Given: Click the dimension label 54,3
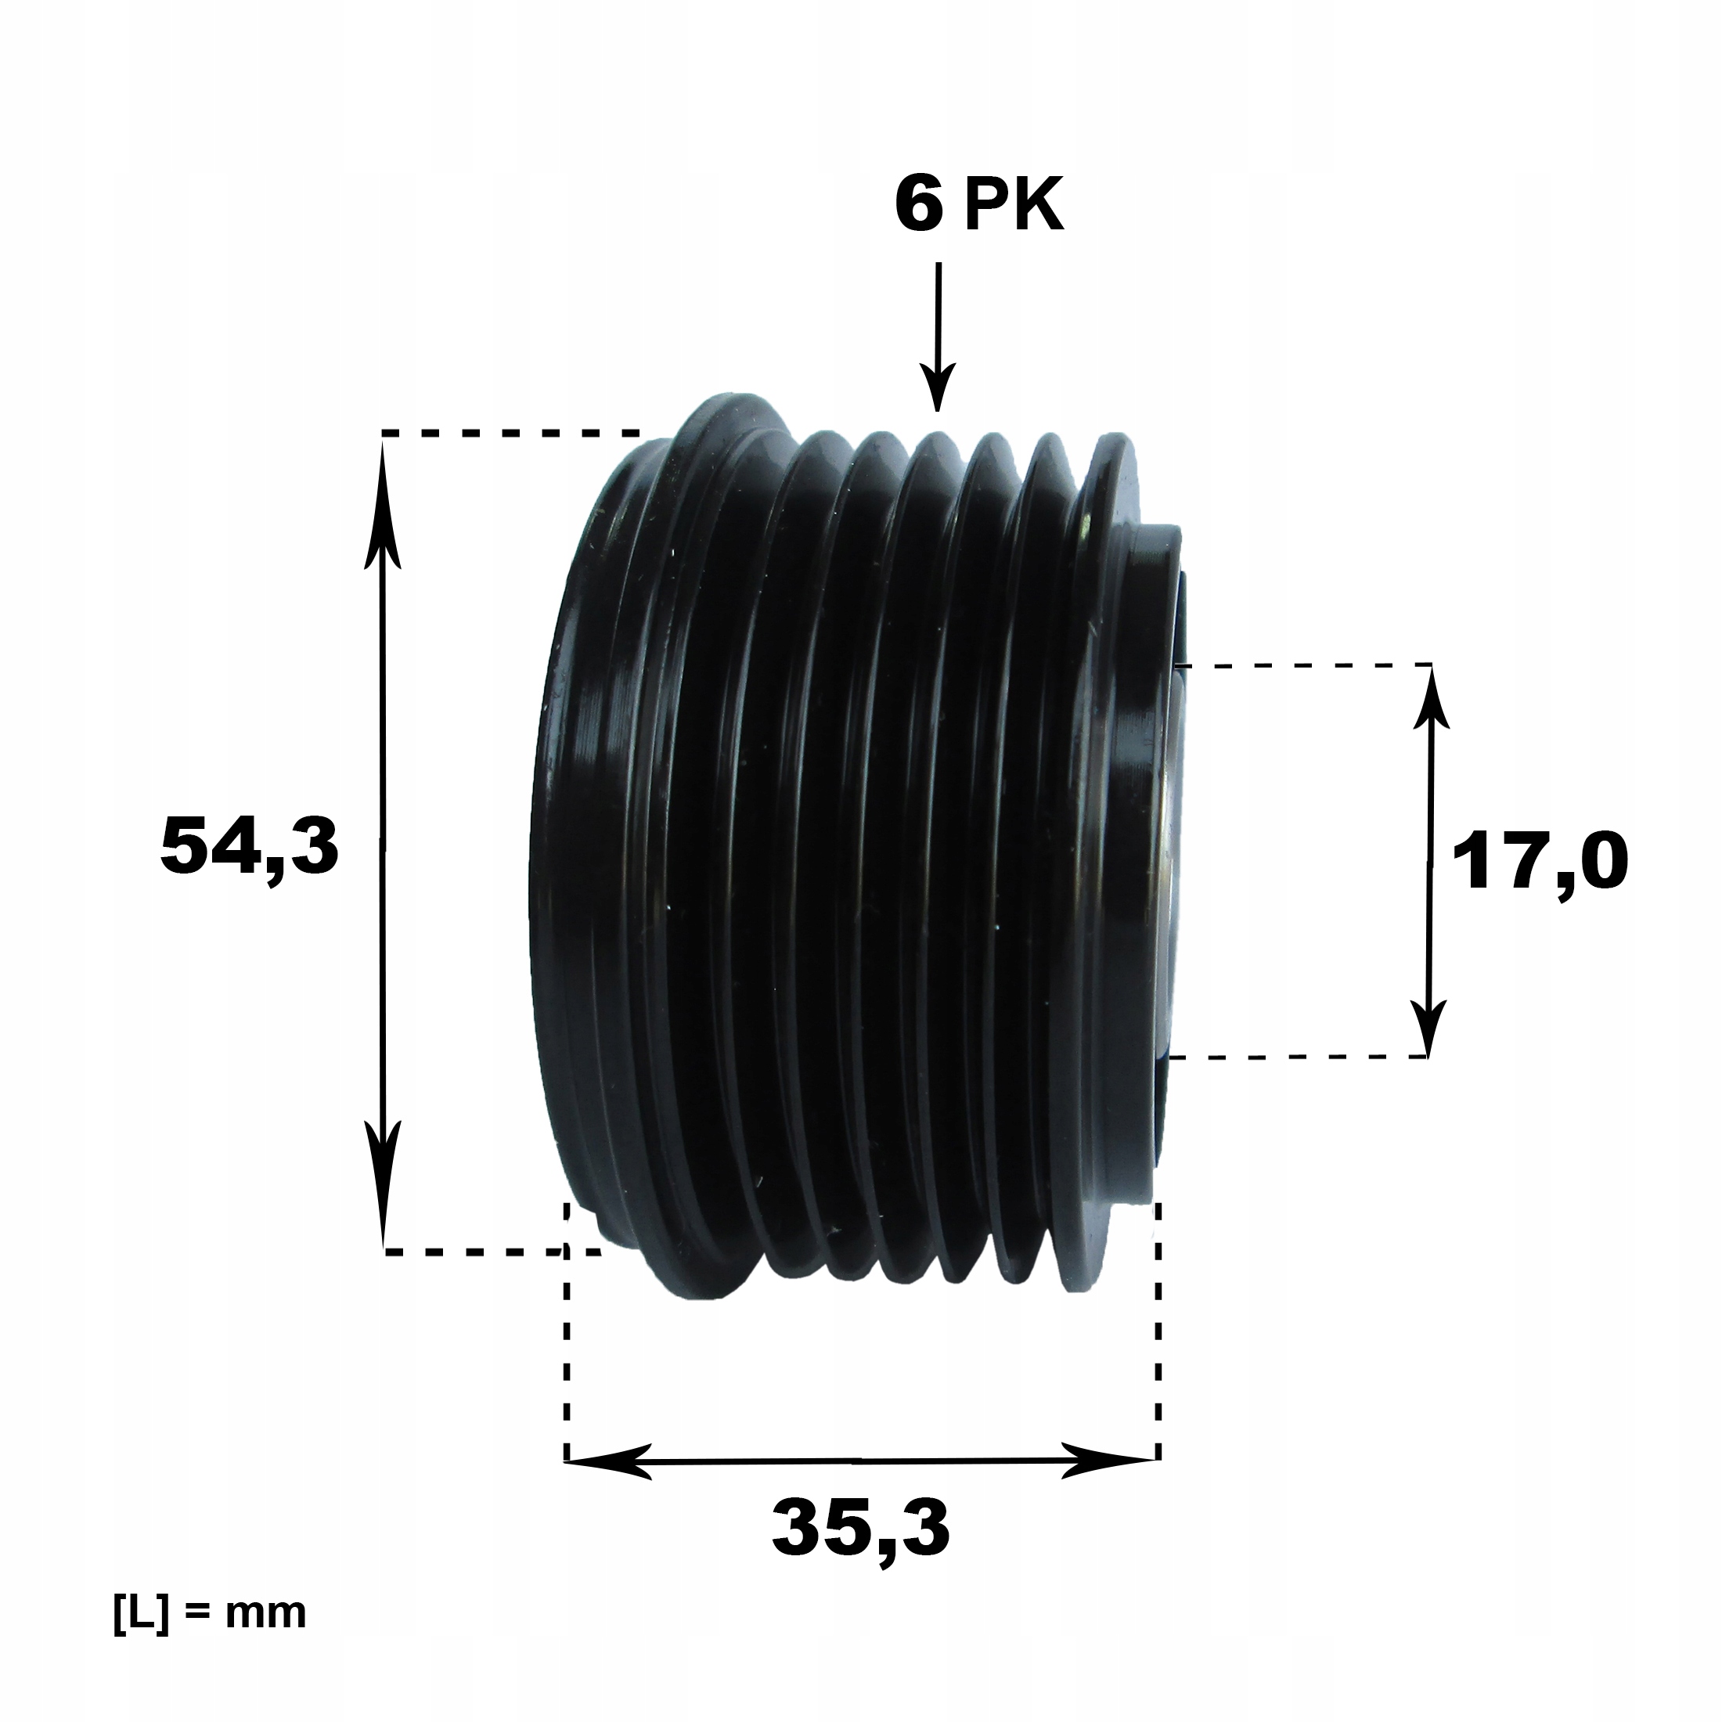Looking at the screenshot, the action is (250, 848).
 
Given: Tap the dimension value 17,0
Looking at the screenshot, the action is (1540, 865).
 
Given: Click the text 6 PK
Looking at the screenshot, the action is (978, 207).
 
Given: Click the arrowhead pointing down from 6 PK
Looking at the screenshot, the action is (936, 387).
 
